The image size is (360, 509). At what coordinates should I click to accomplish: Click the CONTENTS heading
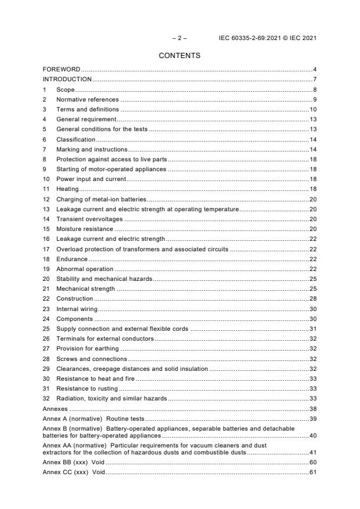coord(179,56)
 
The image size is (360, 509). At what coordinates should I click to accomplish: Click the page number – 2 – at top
coord(179,38)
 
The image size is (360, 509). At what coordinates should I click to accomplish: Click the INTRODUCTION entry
coord(67,80)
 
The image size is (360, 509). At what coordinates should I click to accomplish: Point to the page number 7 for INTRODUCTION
coord(314,80)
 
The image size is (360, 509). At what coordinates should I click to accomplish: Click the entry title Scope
coord(65,89)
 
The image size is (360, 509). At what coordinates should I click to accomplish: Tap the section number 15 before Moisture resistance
coord(46,229)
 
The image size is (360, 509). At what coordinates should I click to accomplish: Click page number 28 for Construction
coord(312,298)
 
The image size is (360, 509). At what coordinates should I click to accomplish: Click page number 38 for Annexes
coord(312,408)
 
